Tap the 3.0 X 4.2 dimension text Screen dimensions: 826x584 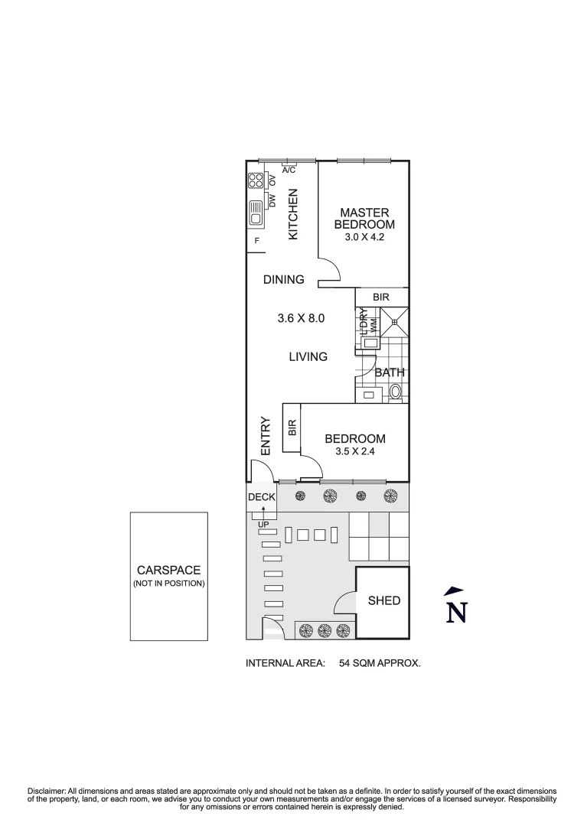(364, 238)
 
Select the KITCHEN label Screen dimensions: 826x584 (292, 215)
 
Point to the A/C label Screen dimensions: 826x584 (289, 170)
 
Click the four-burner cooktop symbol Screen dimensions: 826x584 (256, 182)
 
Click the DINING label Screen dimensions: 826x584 (284, 280)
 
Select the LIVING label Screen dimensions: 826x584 (308, 356)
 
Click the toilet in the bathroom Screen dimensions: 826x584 (395, 393)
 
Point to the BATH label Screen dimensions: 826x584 (390, 373)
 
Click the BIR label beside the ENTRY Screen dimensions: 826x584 (292, 428)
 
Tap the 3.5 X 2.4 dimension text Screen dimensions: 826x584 (354, 452)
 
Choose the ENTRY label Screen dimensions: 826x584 (266, 436)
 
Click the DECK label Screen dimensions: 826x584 (261, 497)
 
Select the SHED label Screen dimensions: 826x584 (384, 600)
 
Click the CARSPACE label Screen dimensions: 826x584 (168, 570)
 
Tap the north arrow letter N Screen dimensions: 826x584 (457, 613)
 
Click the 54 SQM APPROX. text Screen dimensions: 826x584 (380, 664)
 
